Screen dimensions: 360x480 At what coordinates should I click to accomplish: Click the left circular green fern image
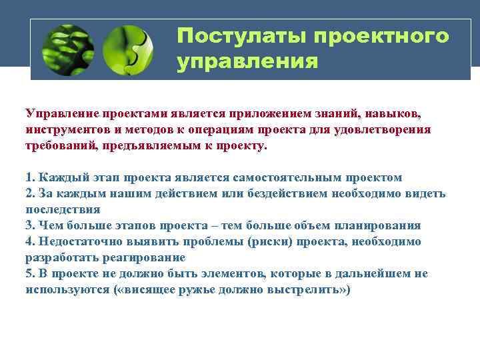pyautogui.click(x=67, y=50)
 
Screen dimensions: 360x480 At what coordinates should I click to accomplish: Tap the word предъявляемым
pyautogui.click(x=145, y=145)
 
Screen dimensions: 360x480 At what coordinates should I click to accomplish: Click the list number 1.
pyautogui.click(x=29, y=177)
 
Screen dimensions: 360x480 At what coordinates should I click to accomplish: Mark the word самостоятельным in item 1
pyautogui.click(x=275, y=177)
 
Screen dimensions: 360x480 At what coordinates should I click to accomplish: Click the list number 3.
pyautogui.click(x=29, y=225)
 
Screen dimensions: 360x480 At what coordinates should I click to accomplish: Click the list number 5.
pyautogui.click(x=29, y=274)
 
